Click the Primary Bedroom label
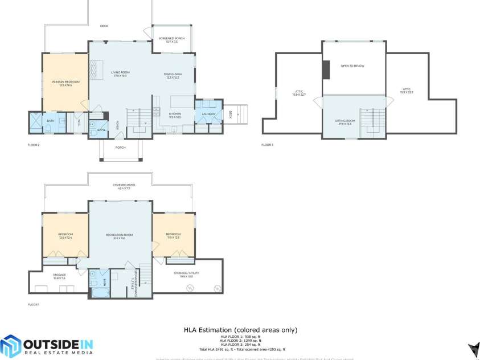65,82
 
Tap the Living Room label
120,72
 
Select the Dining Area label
173,74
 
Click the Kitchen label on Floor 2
174,114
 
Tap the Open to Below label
352,66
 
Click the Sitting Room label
346,121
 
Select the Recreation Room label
119,235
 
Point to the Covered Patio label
123,185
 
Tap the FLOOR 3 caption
267,145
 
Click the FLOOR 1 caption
34,305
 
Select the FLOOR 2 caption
34,145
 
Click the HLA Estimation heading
240,330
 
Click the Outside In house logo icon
11,346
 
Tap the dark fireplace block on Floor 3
326,69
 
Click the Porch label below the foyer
120,148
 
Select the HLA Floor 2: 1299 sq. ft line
240,341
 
